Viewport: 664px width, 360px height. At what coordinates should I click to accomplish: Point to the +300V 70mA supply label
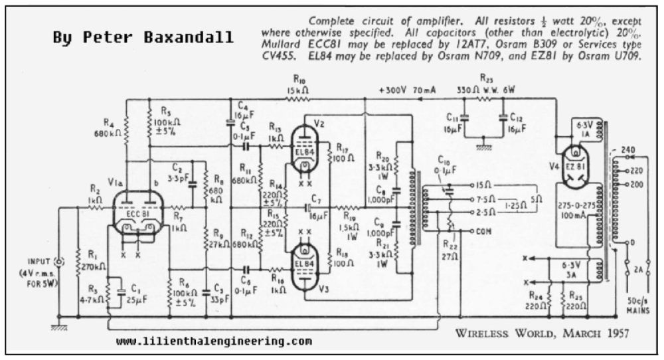pos(407,90)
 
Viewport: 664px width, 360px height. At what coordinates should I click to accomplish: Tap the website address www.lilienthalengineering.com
pos(214,341)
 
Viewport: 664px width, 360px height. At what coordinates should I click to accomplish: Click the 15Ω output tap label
pos(484,184)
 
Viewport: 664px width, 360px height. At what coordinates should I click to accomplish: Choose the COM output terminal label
pos(484,230)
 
